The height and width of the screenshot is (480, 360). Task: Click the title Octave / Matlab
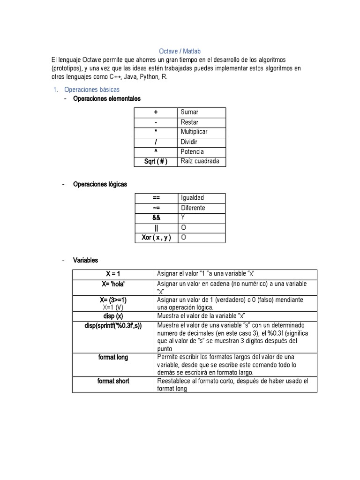(x=180, y=51)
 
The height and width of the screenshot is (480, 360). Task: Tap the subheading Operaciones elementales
(x=107, y=98)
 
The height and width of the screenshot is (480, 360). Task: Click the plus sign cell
(x=156, y=112)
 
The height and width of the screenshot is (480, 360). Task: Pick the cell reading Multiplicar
(x=194, y=132)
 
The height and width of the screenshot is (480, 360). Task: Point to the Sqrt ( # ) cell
(x=156, y=161)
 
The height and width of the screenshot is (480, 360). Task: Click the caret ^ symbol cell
(x=156, y=151)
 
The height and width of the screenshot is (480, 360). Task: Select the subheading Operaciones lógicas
(x=100, y=184)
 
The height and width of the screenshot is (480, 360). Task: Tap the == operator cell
(x=156, y=198)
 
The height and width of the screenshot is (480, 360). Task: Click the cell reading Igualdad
(x=193, y=198)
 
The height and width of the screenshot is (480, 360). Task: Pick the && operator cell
(x=156, y=218)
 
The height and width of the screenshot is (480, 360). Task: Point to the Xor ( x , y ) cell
(x=156, y=238)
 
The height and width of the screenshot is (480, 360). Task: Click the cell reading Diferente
(x=193, y=208)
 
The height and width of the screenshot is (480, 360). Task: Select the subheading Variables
(x=86, y=260)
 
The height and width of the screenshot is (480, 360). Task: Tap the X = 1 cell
(x=113, y=274)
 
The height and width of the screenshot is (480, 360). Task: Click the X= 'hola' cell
(x=113, y=284)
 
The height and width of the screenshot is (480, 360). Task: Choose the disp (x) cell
(x=113, y=316)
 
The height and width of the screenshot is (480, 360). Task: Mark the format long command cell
(x=113, y=357)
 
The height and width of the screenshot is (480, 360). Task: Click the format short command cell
(x=113, y=381)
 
